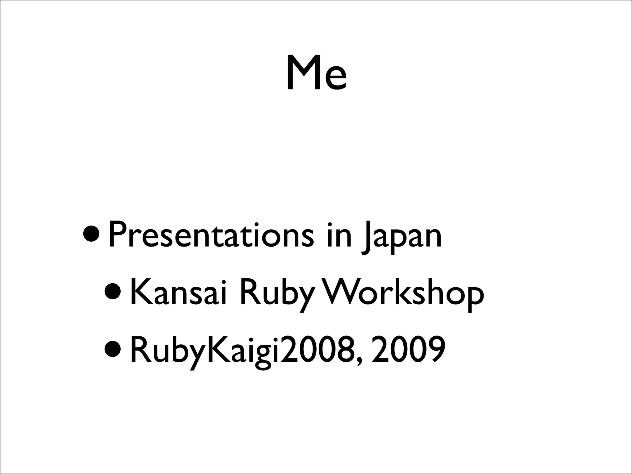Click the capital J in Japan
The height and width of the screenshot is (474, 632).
[x=367, y=238]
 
